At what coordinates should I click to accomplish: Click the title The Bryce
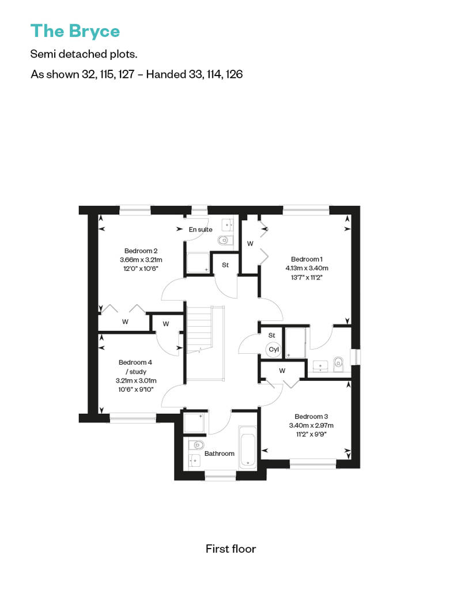tap(75, 31)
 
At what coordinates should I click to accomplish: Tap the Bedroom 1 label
tap(307, 259)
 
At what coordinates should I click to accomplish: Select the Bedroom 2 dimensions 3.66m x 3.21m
tap(141, 260)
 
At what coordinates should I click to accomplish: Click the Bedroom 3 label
tap(311, 417)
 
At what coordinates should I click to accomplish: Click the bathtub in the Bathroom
tap(247, 447)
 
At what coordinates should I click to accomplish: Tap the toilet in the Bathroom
tap(197, 444)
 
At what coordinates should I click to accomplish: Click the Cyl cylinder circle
tap(274, 349)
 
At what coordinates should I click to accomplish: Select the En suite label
tap(201, 229)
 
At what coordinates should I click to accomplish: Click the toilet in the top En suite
tap(225, 240)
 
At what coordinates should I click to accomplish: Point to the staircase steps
tap(199, 327)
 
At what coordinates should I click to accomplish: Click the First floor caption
tap(231, 549)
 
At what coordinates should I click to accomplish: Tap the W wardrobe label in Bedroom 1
tap(250, 244)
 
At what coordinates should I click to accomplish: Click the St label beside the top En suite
tap(225, 265)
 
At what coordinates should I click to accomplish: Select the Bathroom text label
tap(220, 454)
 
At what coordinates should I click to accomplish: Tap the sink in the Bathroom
tap(195, 460)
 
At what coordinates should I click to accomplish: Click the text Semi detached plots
tap(84, 54)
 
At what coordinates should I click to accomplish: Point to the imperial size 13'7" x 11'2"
tap(307, 278)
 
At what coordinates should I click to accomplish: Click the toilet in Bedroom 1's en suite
tap(338, 364)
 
